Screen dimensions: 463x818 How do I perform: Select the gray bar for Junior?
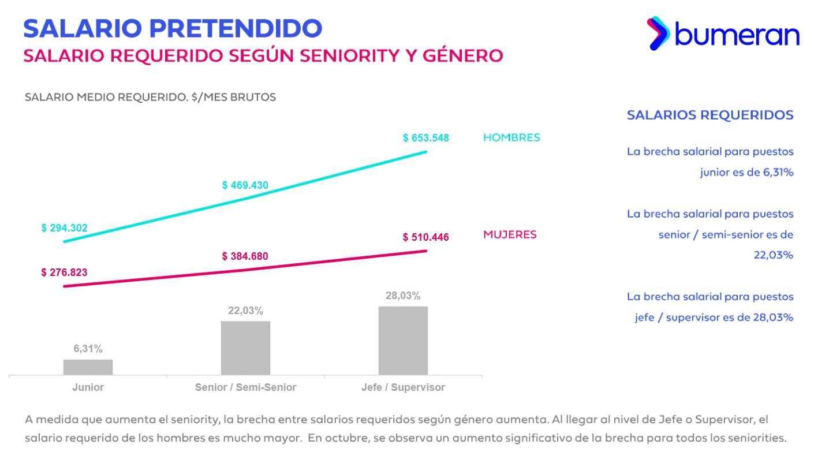click(x=88, y=367)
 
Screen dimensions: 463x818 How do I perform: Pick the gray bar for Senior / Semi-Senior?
click(x=245, y=348)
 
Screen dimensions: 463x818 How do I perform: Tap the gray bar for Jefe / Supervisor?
click(x=403, y=341)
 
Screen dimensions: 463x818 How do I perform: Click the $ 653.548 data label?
click(x=426, y=139)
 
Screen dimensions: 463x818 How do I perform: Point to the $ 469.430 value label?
click(x=245, y=185)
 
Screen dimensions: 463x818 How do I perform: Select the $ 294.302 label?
click(x=65, y=228)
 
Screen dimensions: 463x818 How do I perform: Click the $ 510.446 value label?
click(x=426, y=237)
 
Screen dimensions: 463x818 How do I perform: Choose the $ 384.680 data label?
click(x=245, y=256)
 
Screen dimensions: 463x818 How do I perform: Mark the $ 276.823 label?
click(x=65, y=272)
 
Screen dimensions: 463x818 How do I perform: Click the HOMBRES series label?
click(x=511, y=138)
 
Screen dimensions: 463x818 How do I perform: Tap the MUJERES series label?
click(x=510, y=235)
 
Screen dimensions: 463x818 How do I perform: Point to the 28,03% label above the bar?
click(x=403, y=296)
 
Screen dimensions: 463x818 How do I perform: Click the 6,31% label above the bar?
click(x=88, y=349)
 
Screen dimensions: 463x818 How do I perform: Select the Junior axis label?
click(x=88, y=387)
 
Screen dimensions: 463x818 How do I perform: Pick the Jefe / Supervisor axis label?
click(x=403, y=387)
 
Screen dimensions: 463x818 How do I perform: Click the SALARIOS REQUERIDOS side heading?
click(x=710, y=115)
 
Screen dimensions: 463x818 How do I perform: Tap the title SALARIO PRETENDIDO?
click(x=173, y=28)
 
